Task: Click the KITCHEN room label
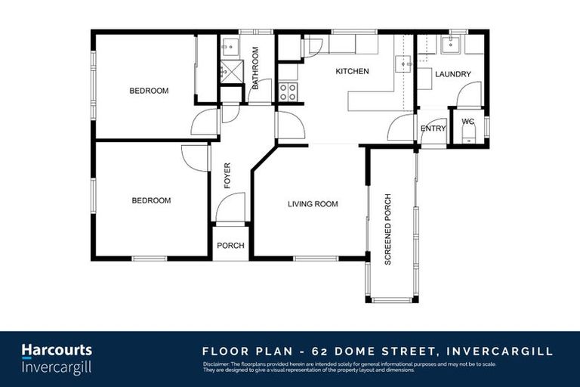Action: point(352,72)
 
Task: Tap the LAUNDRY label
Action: point(453,74)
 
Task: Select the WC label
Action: point(467,121)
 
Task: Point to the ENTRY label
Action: point(433,128)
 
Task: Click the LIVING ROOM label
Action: point(312,204)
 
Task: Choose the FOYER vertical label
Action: point(227,175)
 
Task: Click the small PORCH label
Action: point(230,246)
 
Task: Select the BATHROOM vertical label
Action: point(255,69)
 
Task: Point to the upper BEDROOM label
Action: point(149,91)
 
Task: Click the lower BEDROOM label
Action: point(151,201)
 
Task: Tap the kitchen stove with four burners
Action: point(288,91)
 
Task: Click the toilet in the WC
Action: point(467,135)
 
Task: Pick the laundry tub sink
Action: point(453,44)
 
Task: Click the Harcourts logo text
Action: point(56,350)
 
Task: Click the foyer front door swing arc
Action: point(230,207)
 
